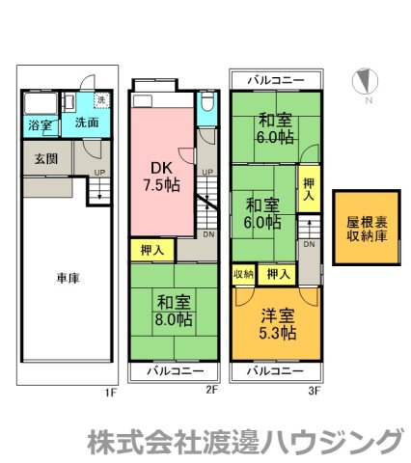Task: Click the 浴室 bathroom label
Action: click(x=40, y=126)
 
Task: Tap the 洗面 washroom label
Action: click(x=87, y=123)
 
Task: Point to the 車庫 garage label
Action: click(x=67, y=278)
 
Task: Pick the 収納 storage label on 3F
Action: click(x=242, y=275)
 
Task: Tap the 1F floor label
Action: click(x=111, y=394)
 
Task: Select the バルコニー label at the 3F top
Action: click(x=275, y=79)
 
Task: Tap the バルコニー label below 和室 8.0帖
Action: click(x=175, y=371)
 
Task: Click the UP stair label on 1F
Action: click(x=96, y=175)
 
